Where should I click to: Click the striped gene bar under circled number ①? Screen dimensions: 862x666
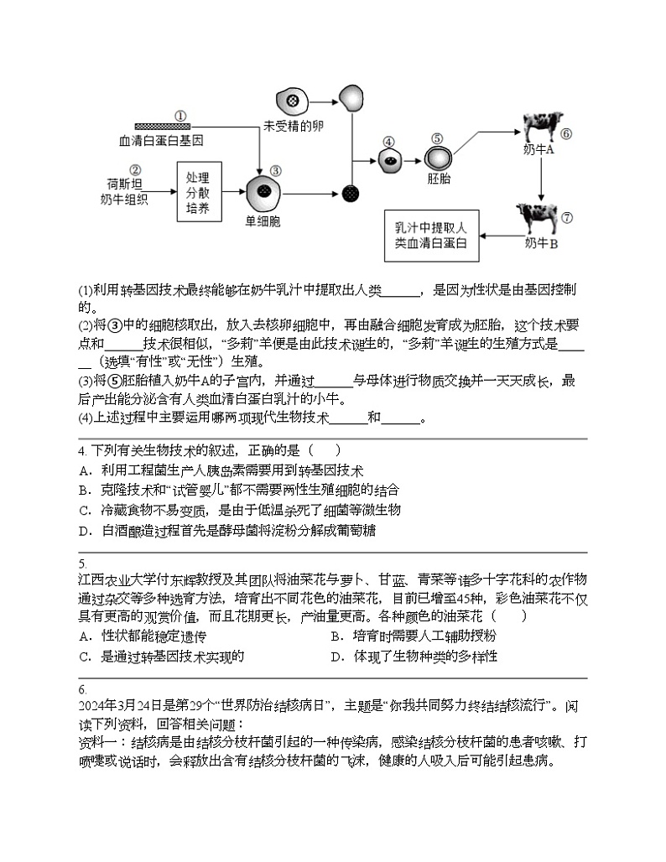click(x=162, y=127)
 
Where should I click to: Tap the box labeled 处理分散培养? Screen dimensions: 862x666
click(x=197, y=192)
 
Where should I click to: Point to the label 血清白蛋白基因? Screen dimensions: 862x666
click(x=161, y=140)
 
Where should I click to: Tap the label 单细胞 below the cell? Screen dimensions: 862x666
click(x=262, y=221)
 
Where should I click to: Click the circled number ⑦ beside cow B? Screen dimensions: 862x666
click(x=567, y=217)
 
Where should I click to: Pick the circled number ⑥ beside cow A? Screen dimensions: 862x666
click(x=566, y=133)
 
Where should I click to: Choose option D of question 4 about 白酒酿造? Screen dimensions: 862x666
click(x=226, y=531)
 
